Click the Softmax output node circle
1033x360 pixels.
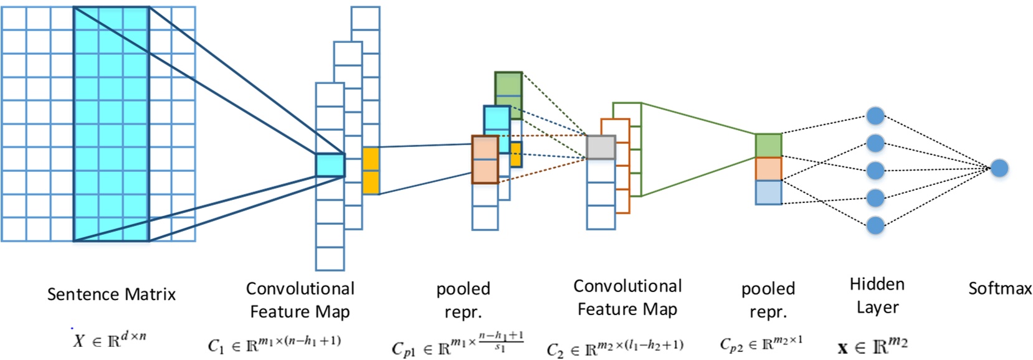click(999, 168)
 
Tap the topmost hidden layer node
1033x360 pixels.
click(875, 116)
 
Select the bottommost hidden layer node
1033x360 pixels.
click(875, 225)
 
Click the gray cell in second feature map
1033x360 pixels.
click(601, 148)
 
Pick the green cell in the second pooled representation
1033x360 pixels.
click(768, 145)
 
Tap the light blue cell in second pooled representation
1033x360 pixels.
click(768, 192)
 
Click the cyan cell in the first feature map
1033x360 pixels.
click(330, 165)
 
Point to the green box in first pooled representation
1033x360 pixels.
click(508, 91)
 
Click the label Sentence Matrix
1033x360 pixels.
click(112, 294)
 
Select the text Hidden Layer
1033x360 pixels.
click(877, 296)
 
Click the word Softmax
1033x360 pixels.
click(999, 288)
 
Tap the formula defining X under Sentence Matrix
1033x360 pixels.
click(109, 340)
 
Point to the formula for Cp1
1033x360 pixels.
click(457, 344)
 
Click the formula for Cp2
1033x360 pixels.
click(761, 343)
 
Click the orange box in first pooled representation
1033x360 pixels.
click(485, 159)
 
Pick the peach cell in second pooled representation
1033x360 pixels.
click(768, 169)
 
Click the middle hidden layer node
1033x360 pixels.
click(875, 170)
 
